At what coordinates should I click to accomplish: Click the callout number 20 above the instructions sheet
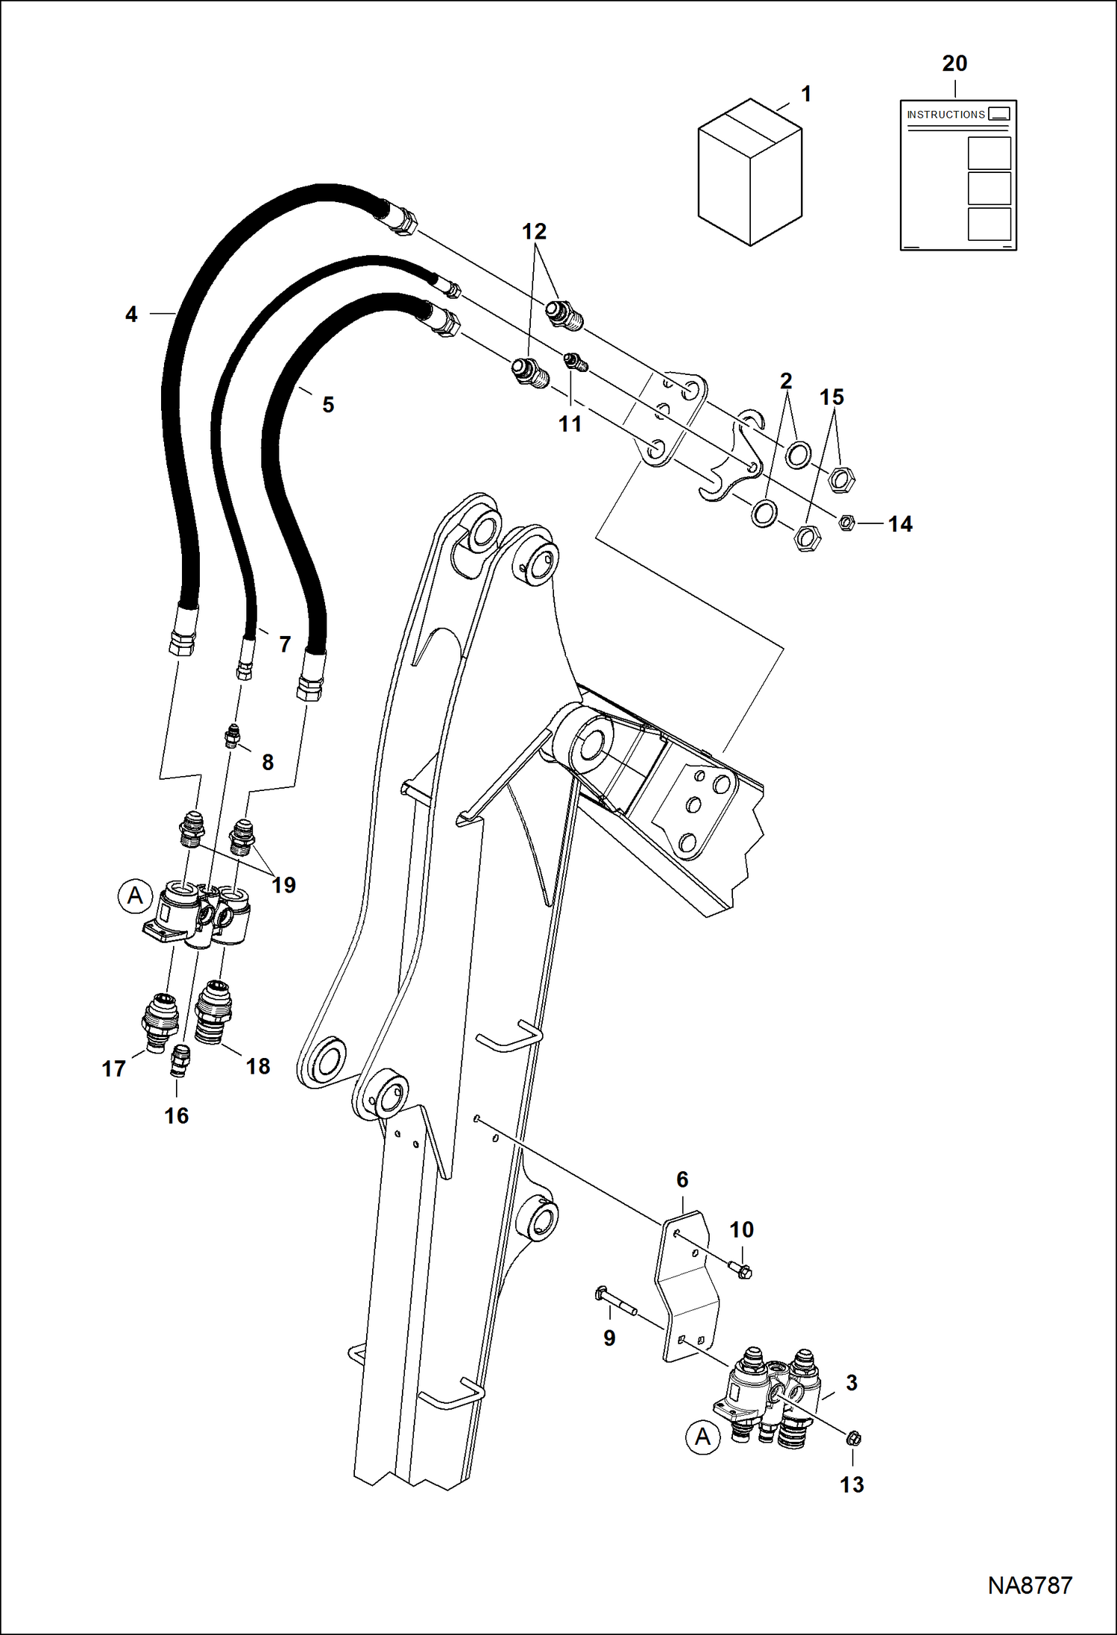coord(954,64)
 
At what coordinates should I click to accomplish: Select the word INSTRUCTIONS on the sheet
coord(945,115)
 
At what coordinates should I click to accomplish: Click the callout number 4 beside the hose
coord(131,315)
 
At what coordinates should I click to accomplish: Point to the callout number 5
coord(328,405)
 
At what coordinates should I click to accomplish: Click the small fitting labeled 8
coord(233,736)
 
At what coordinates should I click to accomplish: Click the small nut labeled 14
coord(846,523)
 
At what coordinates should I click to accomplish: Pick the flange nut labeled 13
coord(854,1437)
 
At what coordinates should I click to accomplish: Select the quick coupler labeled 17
coord(159,1021)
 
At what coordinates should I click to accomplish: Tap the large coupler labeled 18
coord(213,1012)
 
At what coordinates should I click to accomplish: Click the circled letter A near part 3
coord(702,1437)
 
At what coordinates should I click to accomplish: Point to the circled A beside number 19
coord(135,895)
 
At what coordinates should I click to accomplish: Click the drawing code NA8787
coord(1030,1585)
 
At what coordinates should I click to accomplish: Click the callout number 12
coord(534,232)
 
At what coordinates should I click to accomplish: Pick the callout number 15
coord(831,397)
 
